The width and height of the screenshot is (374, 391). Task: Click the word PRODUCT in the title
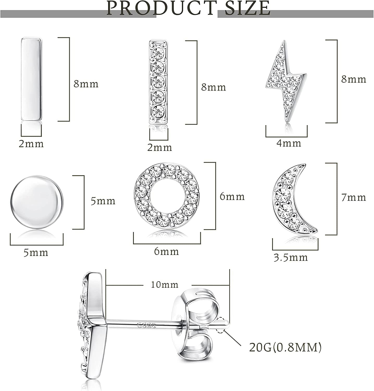pos(161,8)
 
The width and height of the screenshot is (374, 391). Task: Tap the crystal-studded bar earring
pos(158,82)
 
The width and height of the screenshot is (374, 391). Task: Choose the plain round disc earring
pos(37,203)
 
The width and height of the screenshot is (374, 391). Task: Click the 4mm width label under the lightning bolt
pos(289,143)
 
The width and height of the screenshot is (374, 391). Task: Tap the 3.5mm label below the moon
pos(291,258)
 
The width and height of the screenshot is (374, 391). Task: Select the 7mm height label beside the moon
pos(353,197)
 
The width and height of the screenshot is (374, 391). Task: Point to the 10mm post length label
pos(165,284)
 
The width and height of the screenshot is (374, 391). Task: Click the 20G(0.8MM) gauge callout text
pos(285,347)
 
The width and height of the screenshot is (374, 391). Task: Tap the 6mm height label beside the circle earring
pos(232,196)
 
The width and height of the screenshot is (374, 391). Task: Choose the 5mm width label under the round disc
pos(36,253)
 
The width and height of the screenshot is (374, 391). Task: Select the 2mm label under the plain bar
pos(31,144)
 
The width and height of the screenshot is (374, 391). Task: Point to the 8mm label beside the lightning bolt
pos(353,79)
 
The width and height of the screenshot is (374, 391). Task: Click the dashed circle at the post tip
pos(221,325)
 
